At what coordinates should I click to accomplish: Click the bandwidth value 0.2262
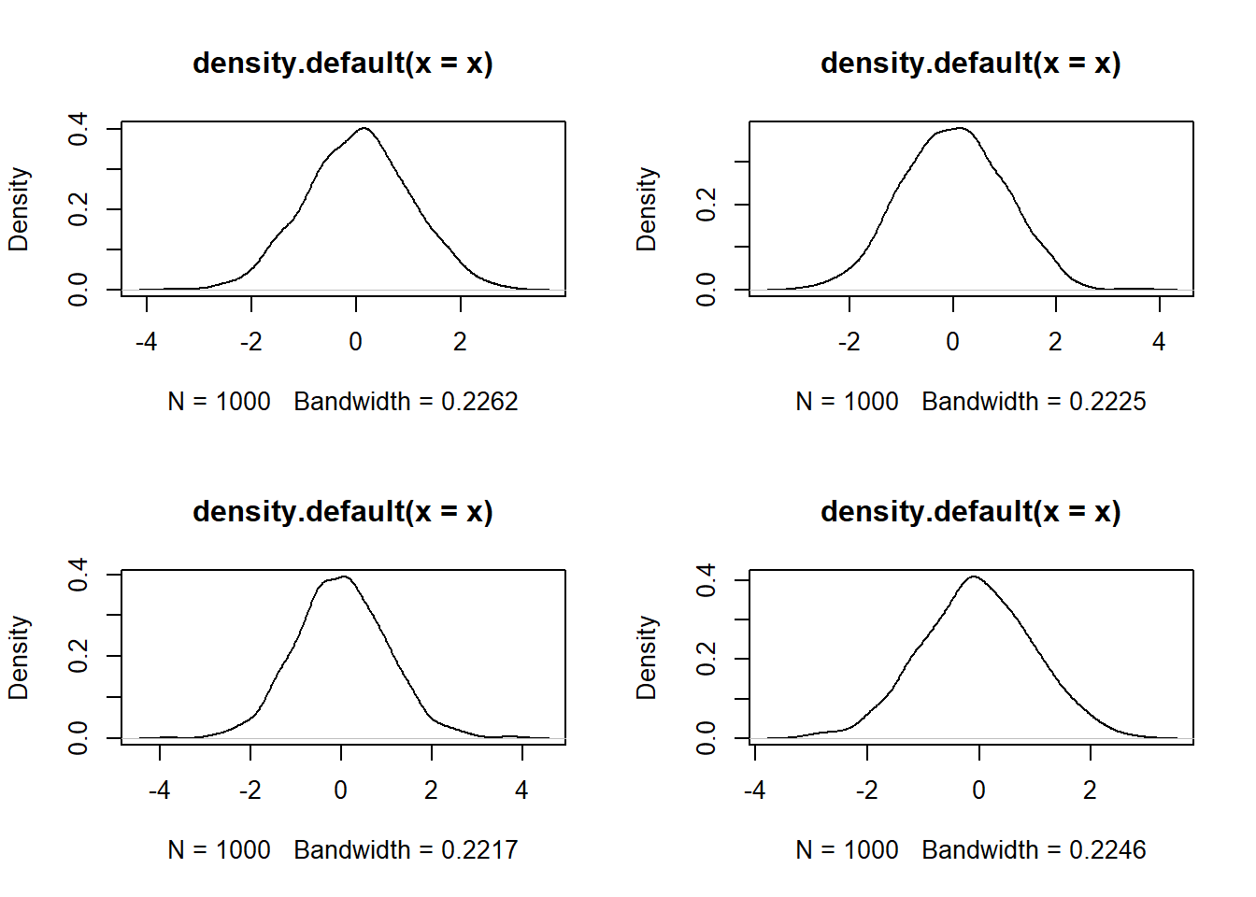pos(479,402)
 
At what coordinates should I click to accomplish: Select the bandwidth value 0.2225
pos(1107,402)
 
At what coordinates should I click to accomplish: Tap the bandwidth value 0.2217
pos(479,850)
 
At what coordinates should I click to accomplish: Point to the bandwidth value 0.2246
pos(1107,850)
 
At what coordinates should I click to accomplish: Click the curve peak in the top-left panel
pos(364,128)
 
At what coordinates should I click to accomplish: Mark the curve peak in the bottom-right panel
pos(974,577)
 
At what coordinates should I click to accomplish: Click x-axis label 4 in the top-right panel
pos(1159,342)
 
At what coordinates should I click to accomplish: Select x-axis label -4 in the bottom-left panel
pos(159,790)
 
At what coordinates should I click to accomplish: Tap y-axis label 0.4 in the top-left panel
pos(78,127)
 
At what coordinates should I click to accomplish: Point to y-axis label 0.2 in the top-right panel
pos(706,204)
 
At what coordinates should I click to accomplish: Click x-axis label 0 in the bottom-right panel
pos(978,790)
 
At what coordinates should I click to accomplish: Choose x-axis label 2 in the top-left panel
pos(460,342)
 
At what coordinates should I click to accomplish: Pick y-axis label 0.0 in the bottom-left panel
pos(78,737)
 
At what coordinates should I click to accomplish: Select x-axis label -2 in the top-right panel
pos(849,342)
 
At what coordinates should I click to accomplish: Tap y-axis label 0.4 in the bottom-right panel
pos(706,579)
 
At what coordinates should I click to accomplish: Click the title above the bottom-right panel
pos(970,512)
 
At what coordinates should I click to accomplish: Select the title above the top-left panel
pos(342,64)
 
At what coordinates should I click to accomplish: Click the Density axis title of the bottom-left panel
pos(19,657)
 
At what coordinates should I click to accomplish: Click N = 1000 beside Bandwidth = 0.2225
pos(847,402)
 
